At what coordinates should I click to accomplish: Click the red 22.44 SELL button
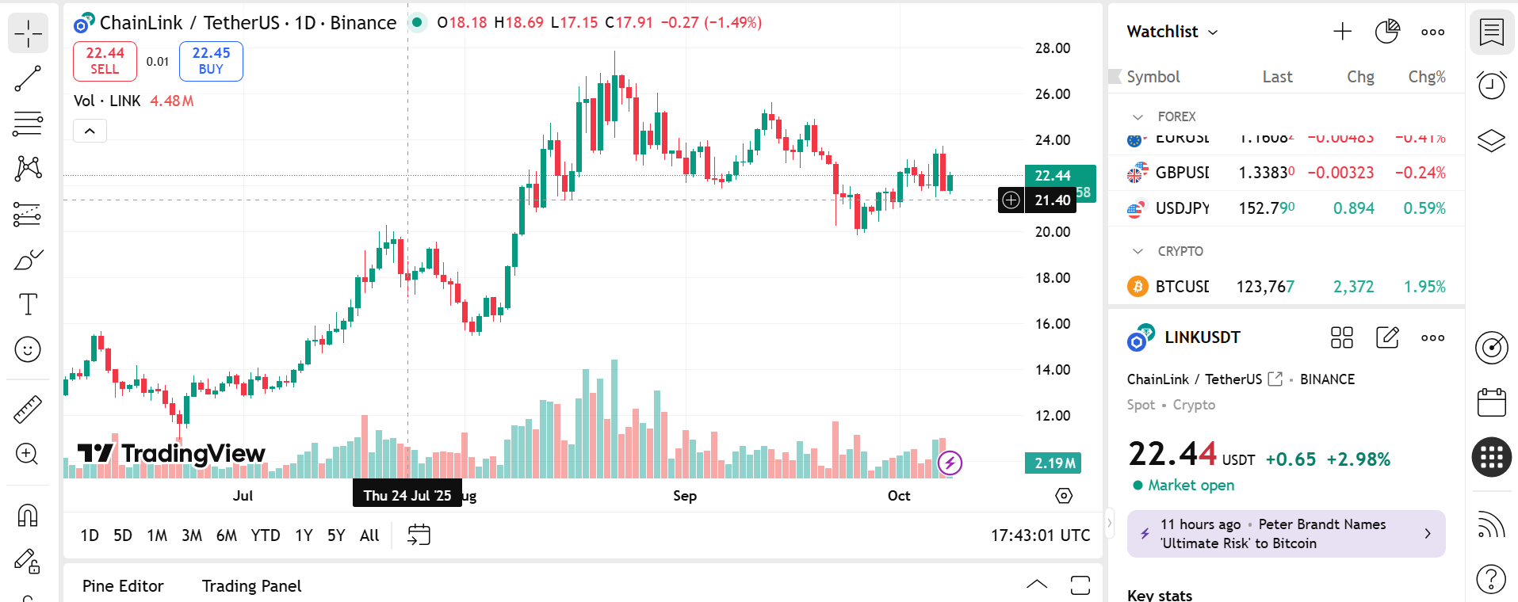(105, 61)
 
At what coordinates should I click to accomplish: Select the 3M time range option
(192, 535)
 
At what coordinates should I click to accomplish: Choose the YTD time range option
(265, 535)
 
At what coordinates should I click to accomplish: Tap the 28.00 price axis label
(1052, 48)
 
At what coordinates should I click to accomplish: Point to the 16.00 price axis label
(1052, 324)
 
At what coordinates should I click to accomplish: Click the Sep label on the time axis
(684, 496)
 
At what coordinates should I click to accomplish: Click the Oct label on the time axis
(898, 496)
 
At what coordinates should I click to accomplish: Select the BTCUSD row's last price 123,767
(1265, 287)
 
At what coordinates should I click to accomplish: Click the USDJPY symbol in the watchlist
(1182, 208)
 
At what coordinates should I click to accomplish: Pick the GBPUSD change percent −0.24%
(1424, 173)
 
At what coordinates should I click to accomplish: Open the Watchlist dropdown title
(1172, 32)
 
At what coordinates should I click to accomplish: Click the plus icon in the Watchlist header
(1342, 32)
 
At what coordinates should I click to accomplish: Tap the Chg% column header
(1426, 77)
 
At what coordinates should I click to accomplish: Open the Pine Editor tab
(123, 586)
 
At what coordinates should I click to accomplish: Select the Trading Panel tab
(251, 586)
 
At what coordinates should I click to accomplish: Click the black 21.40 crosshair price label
(1052, 200)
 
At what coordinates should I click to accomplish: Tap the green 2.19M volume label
(1054, 463)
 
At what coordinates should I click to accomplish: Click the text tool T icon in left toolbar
(28, 304)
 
